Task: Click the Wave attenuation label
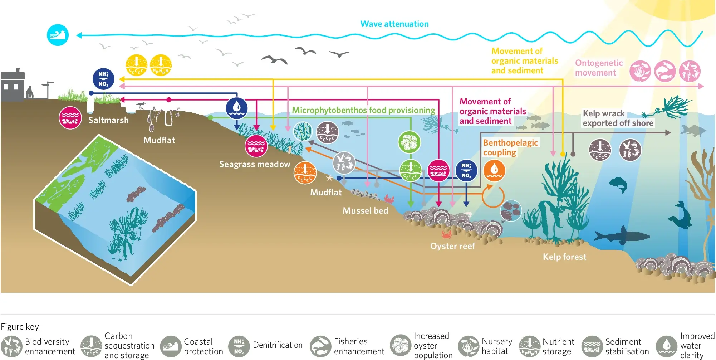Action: pyautogui.click(x=394, y=24)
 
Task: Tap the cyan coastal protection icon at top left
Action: pyautogui.click(x=58, y=35)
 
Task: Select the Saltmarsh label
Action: pyautogui.click(x=108, y=120)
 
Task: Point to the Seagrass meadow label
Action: pyautogui.click(x=255, y=164)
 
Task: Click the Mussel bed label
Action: pyautogui.click(x=365, y=211)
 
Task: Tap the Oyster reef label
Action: pyautogui.click(x=452, y=246)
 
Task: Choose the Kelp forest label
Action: pyautogui.click(x=564, y=257)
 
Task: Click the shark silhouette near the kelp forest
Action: pyautogui.click(x=622, y=235)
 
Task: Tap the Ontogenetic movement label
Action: pyautogui.click(x=599, y=68)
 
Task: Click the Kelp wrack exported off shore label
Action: pyautogui.click(x=618, y=118)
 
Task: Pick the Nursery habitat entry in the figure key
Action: pyautogui.click(x=485, y=346)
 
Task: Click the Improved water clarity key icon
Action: pyautogui.click(x=666, y=346)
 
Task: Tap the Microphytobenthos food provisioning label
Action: pyautogui.click(x=363, y=110)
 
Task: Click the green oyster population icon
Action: pyautogui.click(x=410, y=142)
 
